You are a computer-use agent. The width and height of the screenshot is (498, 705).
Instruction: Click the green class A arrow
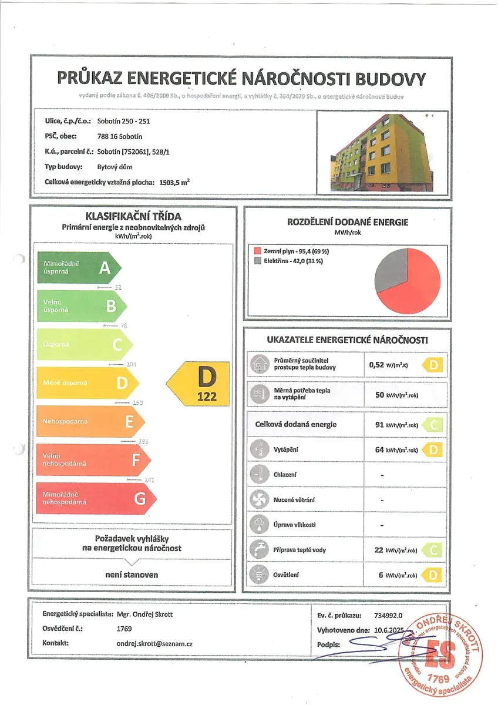pyautogui.click(x=79, y=268)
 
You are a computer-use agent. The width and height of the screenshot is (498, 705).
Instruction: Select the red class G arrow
pyautogui.click(x=97, y=499)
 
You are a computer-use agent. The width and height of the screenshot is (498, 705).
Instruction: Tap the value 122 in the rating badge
pyautogui.click(x=207, y=397)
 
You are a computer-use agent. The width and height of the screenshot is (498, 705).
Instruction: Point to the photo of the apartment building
pyautogui.click(x=382, y=152)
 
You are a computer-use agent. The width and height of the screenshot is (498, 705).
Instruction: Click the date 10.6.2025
pyautogui.click(x=389, y=630)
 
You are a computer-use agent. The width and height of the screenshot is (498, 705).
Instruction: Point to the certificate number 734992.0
pyautogui.click(x=388, y=615)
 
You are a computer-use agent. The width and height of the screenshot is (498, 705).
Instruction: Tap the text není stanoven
pyautogui.click(x=132, y=575)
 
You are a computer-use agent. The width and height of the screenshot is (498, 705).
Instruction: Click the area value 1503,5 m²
pyautogui.click(x=174, y=182)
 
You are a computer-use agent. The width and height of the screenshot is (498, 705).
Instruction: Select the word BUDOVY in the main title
pyautogui.click(x=386, y=79)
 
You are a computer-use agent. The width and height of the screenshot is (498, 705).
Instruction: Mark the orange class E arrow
pyautogui.click(x=90, y=422)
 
